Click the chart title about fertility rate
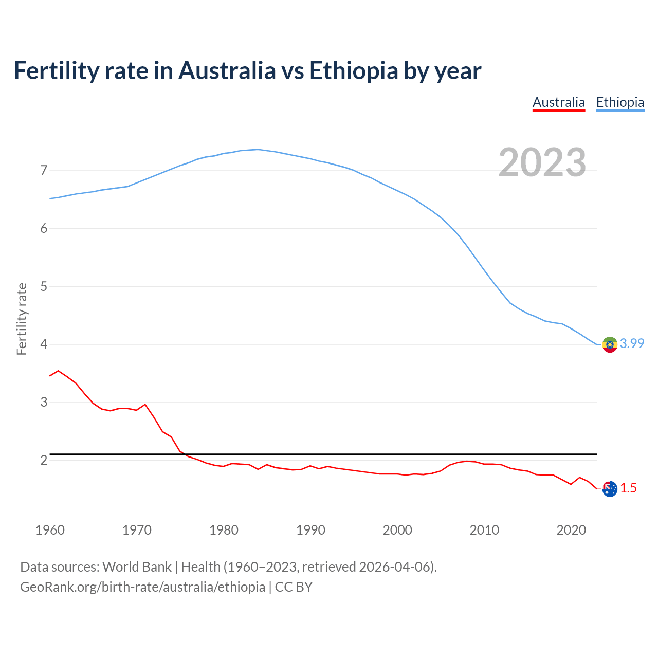click(247, 71)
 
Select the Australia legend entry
click(558, 103)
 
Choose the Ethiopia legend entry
click(620, 103)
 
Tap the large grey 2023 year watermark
click(542, 162)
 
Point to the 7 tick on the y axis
click(44, 170)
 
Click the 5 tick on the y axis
click(44, 286)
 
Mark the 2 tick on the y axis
click(44, 460)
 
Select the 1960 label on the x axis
click(50, 530)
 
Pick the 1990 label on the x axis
click(310, 530)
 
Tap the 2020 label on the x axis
click(571, 530)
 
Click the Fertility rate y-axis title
click(22, 319)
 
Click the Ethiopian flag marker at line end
click(610, 344)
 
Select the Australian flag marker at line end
click(610, 489)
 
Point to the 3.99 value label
click(632, 343)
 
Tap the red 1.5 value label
click(628, 488)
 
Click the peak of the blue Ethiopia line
click(258, 150)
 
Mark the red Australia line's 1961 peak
click(58, 371)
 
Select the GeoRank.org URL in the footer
click(142, 587)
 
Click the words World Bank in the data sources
click(137, 567)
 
